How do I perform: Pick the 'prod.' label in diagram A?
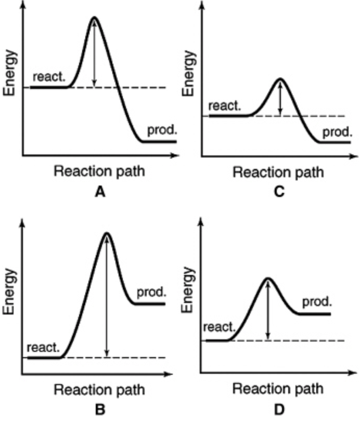click(x=162, y=129)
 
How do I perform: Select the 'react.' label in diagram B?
click(x=43, y=347)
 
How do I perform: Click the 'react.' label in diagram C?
click(x=225, y=107)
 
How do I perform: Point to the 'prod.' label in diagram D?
click(x=317, y=302)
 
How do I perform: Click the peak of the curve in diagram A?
click(x=94, y=18)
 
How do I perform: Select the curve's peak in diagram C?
click(x=280, y=80)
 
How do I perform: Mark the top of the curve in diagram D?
click(x=268, y=279)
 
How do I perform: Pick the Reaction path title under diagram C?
click(x=278, y=172)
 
